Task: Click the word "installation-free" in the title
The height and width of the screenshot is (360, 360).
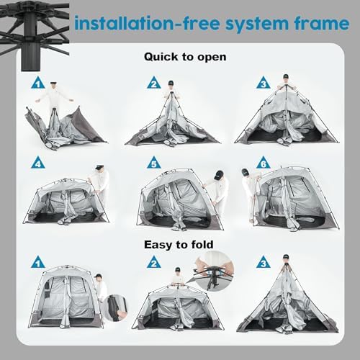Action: pos(143,24)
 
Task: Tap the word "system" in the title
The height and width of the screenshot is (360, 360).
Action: pos(255,24)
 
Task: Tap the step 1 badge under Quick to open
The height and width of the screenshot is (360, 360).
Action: pos(38,84)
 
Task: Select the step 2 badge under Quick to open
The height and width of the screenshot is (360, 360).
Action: pos(153,84)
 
